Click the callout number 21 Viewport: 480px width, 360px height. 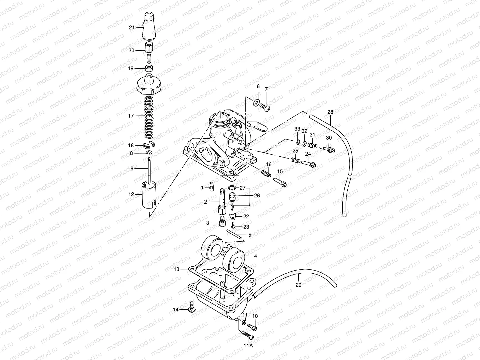(x=132, y=28)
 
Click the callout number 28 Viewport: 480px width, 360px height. (x=330, y=112)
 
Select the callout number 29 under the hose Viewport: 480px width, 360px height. (x=298, y=285)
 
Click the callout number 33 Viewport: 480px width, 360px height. (x=297, y=129)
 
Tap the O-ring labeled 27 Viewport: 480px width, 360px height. (x=232, y=188)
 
